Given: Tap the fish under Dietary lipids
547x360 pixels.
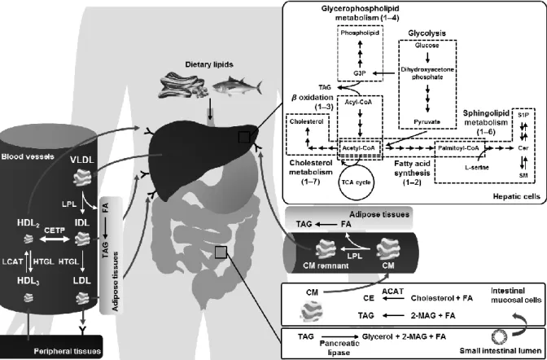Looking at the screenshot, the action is point(237,86).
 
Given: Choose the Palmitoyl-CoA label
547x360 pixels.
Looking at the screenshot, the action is point(459,147).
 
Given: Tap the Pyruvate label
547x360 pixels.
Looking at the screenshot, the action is point(427,122).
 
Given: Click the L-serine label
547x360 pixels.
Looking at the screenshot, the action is point(476,168).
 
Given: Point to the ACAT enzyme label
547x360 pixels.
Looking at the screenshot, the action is point(393,292).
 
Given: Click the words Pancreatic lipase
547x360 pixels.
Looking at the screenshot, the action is point(339,348).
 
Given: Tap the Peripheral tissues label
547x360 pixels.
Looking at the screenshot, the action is point(68,351).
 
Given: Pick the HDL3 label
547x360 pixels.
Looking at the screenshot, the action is point(28,281).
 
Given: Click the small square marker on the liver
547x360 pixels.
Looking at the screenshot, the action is point(244,137).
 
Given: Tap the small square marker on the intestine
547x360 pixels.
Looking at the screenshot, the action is point(221,252).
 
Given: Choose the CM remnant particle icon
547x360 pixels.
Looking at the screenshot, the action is point(326,250).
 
